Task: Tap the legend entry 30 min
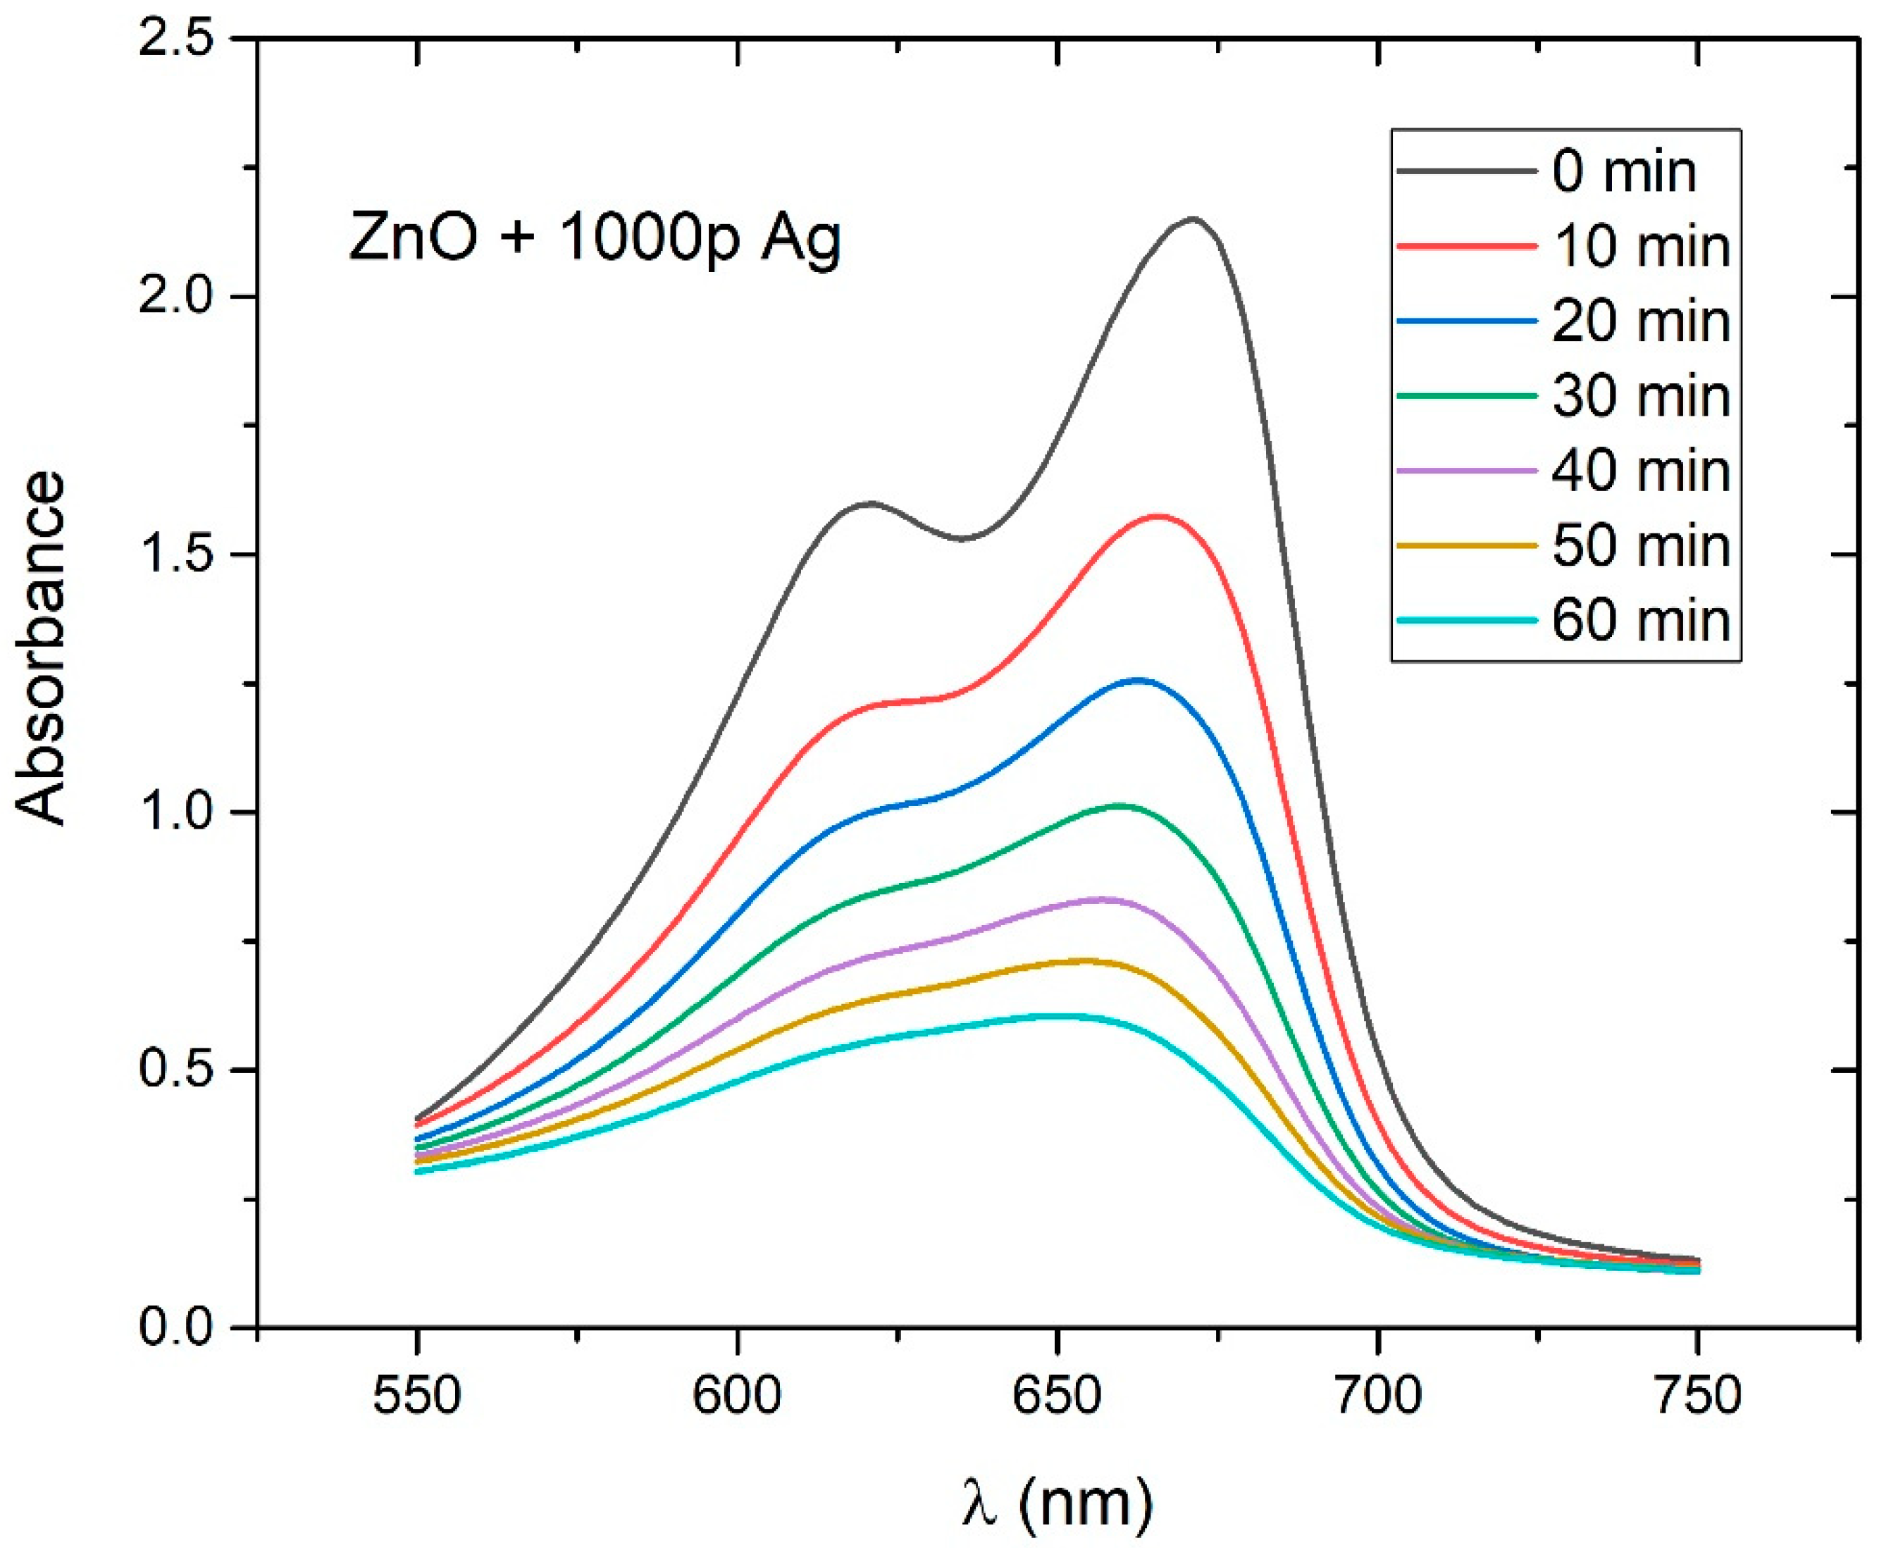click(1640, 395)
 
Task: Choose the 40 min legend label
click(1640, 470)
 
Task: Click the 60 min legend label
click(1640, 620)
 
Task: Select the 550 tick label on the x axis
click(416, 1397)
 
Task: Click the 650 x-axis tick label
click(1057, 1397)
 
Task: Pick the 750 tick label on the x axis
click(1697, 1397)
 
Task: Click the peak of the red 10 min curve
click(1158, 515)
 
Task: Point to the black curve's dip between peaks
click(963, 538)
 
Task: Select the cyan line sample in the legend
click(1466, 620)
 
